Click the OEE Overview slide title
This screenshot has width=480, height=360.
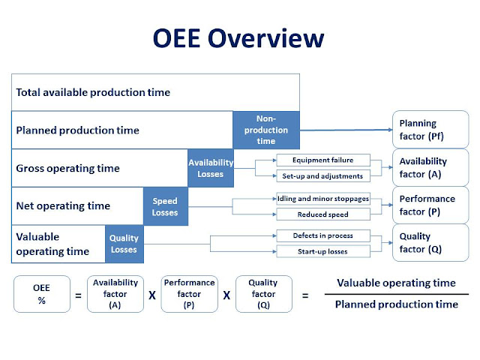point(239,38)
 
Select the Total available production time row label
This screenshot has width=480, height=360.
point(93,92)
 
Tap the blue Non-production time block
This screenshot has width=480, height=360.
point(266,130)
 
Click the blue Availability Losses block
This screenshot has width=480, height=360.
point(211,168)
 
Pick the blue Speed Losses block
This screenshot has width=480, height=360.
point(165,206)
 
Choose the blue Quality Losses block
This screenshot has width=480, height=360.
point(124,244)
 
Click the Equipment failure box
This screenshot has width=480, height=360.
point(322,160)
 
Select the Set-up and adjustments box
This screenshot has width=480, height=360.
point(322,177)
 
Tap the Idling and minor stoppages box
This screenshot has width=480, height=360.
point(322,199)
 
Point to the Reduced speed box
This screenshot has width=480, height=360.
point(322,214)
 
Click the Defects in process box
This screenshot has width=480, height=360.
point(322,235)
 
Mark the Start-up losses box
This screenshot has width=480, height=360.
point(322,251)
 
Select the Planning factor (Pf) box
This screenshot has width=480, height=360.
point(430,129)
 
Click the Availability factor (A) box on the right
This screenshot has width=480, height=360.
point(430,166)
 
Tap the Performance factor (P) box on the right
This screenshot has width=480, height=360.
point(430,205)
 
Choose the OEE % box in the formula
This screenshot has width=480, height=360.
point(42,293)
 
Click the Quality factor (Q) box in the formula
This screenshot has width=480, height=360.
point(263,293)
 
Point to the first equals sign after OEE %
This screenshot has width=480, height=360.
point(79,295)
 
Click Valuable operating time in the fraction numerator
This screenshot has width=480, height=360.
point(396,283)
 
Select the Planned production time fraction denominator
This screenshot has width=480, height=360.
point(396,304)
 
